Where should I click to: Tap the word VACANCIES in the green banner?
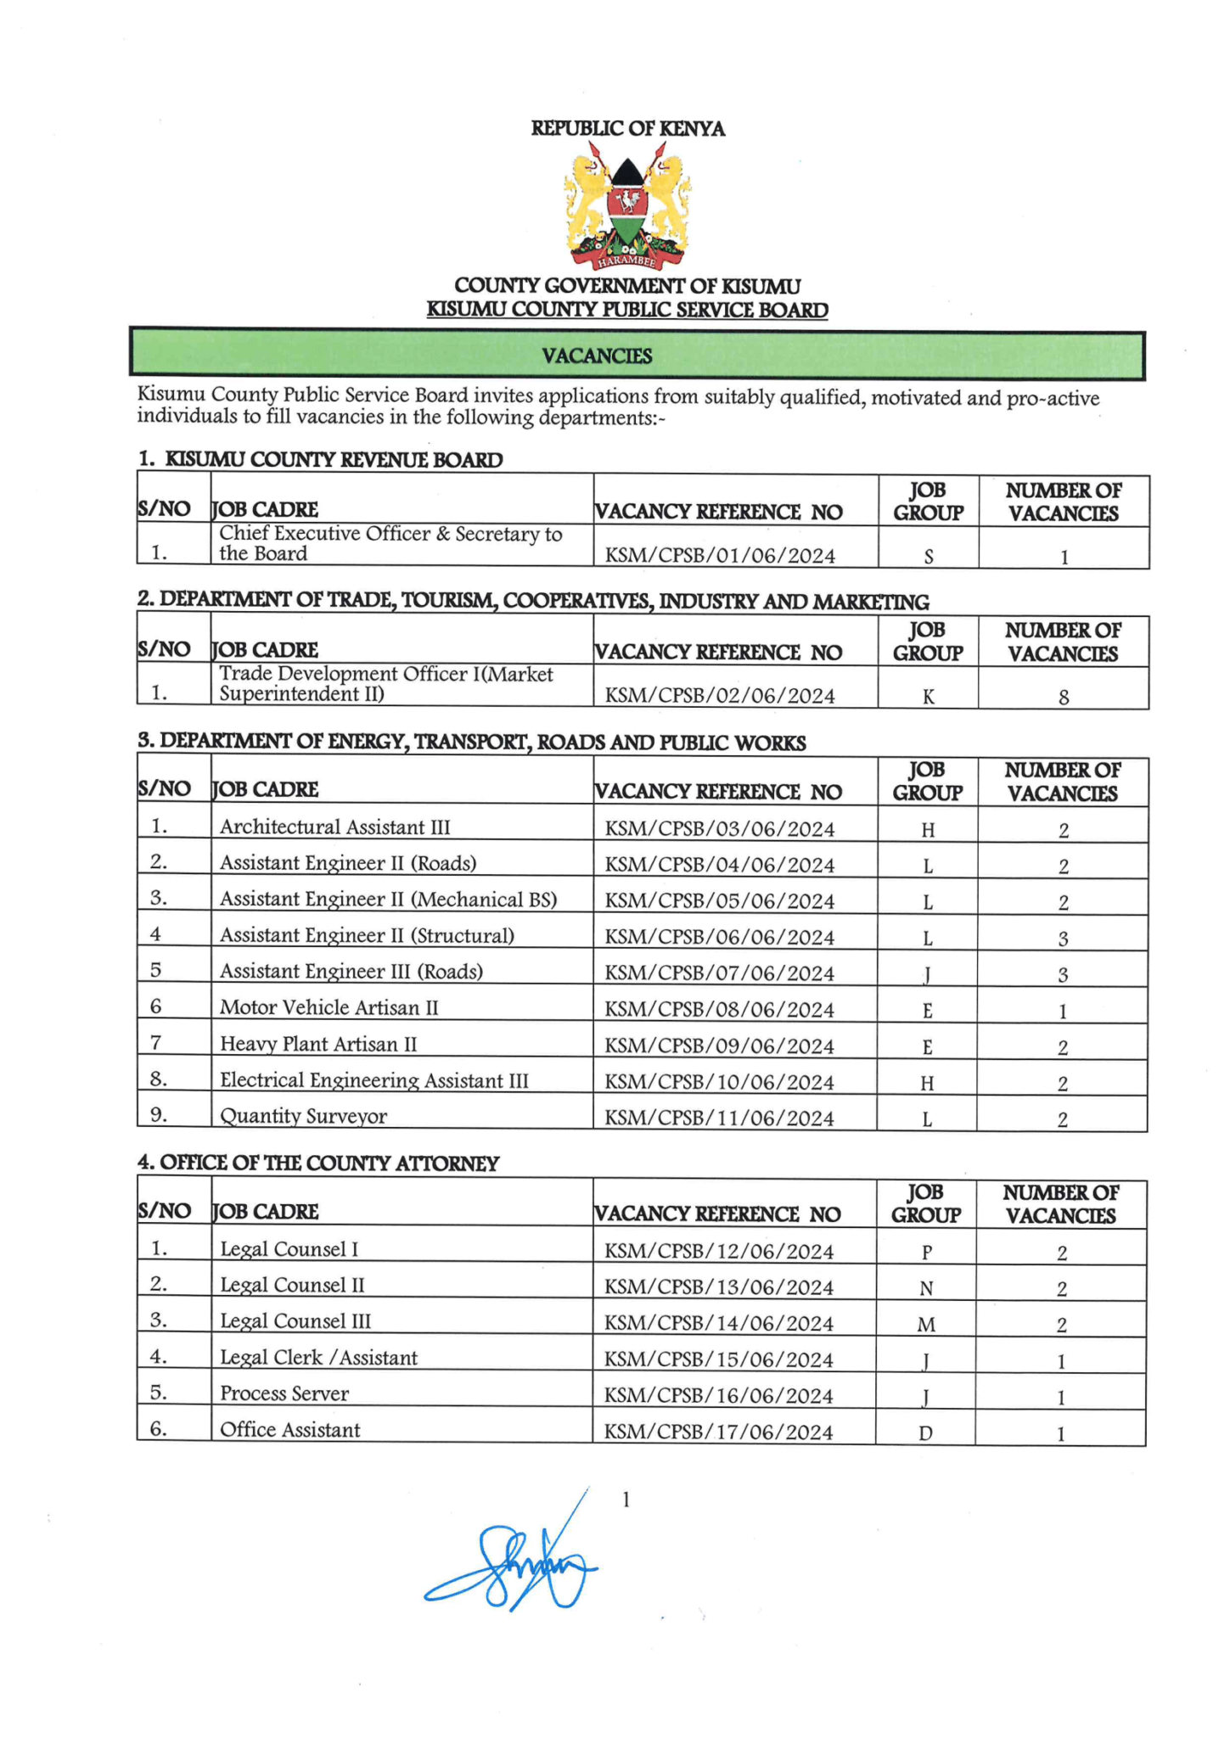pos(597,356)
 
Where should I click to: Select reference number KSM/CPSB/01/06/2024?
pos(719,556)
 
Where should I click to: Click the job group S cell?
pos(928,557)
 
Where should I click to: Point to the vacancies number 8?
pos(1063,697)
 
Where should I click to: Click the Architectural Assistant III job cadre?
pos(334,827)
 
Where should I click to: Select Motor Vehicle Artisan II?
pos(329,1007)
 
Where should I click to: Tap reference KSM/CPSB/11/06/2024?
pos(718,1118)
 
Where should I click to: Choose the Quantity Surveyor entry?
pos(303,1116)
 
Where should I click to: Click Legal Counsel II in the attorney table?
pos(292,1285)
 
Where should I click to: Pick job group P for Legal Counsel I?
pos(926,1252)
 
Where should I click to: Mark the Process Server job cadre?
pos(284,1393)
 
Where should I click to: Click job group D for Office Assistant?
pos(925,1433)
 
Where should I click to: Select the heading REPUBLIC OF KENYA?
pos(627,128)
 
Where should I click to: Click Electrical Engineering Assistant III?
pos(373,1080)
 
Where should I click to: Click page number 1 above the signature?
pos(626,1500)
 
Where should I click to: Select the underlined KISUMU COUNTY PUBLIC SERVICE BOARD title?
pos(627,310)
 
